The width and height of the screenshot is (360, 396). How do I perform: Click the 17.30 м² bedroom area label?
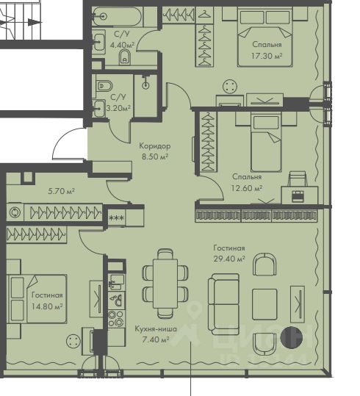pyautogui.click(x=267, y=56)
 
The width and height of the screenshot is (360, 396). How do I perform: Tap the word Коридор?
pyautogui.click(x=155, y=146)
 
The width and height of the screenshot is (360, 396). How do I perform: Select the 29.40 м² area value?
pyautogui.click(x=229, y=259)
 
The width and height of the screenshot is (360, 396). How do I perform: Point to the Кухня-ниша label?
pyautogui.click(x=156, y=329)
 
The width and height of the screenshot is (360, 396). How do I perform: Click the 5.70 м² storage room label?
pyautogui.click(x=62, y=191)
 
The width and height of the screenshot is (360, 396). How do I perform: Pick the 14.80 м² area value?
pyautogui.click(x=47, y=306)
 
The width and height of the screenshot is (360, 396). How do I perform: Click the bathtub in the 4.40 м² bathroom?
pyautogui.click(x=117, y=17)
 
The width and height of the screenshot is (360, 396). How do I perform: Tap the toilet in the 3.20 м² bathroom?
pyautogui.click(x=104, y=86)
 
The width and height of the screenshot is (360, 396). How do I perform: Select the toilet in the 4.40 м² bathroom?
pyautogui.click(x=124, y=57)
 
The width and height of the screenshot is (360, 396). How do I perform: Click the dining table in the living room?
pyautogui.click(x=165, y=284)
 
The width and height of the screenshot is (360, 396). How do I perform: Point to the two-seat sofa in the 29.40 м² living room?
pyautogui.click(x=223, y=304)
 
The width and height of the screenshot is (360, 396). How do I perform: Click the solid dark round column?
pyautogui.click(x=291, y=338)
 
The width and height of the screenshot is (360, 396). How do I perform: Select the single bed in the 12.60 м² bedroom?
pyautogui.click(x=266, y=142)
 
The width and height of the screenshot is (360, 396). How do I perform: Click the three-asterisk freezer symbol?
pyautogui.click(x=117, y=217)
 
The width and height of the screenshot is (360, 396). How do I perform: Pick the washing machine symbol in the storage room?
pyautogui.click(x=15, y=212)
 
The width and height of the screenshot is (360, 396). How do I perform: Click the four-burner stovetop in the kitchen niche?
pyautogui.click(x=117, y=319)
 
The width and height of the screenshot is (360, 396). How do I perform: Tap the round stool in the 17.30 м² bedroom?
pyautogui.click(x=230, y=87)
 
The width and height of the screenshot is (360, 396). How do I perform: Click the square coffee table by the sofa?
pyautogui.click(x=264, y=304)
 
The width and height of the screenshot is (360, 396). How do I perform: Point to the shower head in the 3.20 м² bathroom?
pyautogui.click(x=145, y=84)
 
